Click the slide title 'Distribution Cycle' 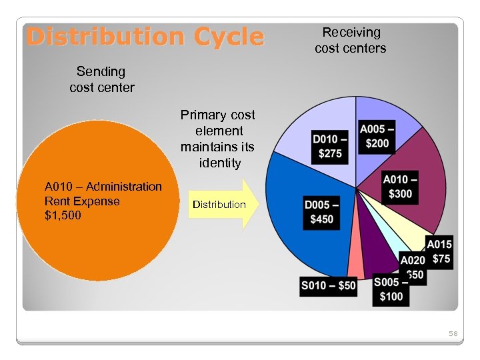tap(145, 37)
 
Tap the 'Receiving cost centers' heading tap(350, 40)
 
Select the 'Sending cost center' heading tap(101, 79)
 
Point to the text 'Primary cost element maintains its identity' tap(217, 139)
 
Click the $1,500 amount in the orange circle tap(63, 216)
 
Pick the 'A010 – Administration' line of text tap(103, 187)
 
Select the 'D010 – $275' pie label tap(331, 147)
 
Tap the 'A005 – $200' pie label tap(377, 137)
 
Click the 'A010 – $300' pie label tap(401, 187)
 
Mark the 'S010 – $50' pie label tap(329, 286)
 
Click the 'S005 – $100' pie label tap(391, 289)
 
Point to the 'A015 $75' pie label tap(439, 253)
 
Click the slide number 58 tap(453, 333)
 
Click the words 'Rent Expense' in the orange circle tap(82, 201)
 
